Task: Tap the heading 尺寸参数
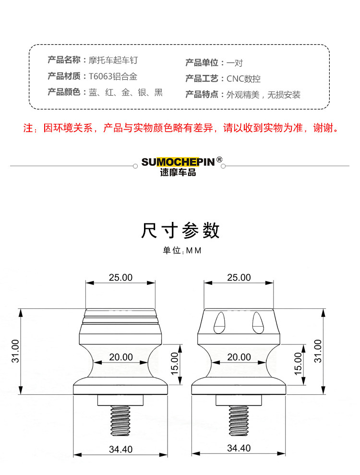tap(180, 231)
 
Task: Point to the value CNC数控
tap(243, 79)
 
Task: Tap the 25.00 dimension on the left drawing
tap(120, 278)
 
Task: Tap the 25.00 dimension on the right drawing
tap(239, 278)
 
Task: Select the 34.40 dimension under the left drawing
tap(120, 449)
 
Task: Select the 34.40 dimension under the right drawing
tap(239, 448)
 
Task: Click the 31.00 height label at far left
tap(15, 352)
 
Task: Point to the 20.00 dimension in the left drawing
tap(120, 357)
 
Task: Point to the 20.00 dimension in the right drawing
tap(239, 357)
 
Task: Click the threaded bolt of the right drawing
tap(239, 420)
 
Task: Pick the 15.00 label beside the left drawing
tap(175, 364)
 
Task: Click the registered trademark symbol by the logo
tap(219, 159)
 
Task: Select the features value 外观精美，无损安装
tap(264, 95)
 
